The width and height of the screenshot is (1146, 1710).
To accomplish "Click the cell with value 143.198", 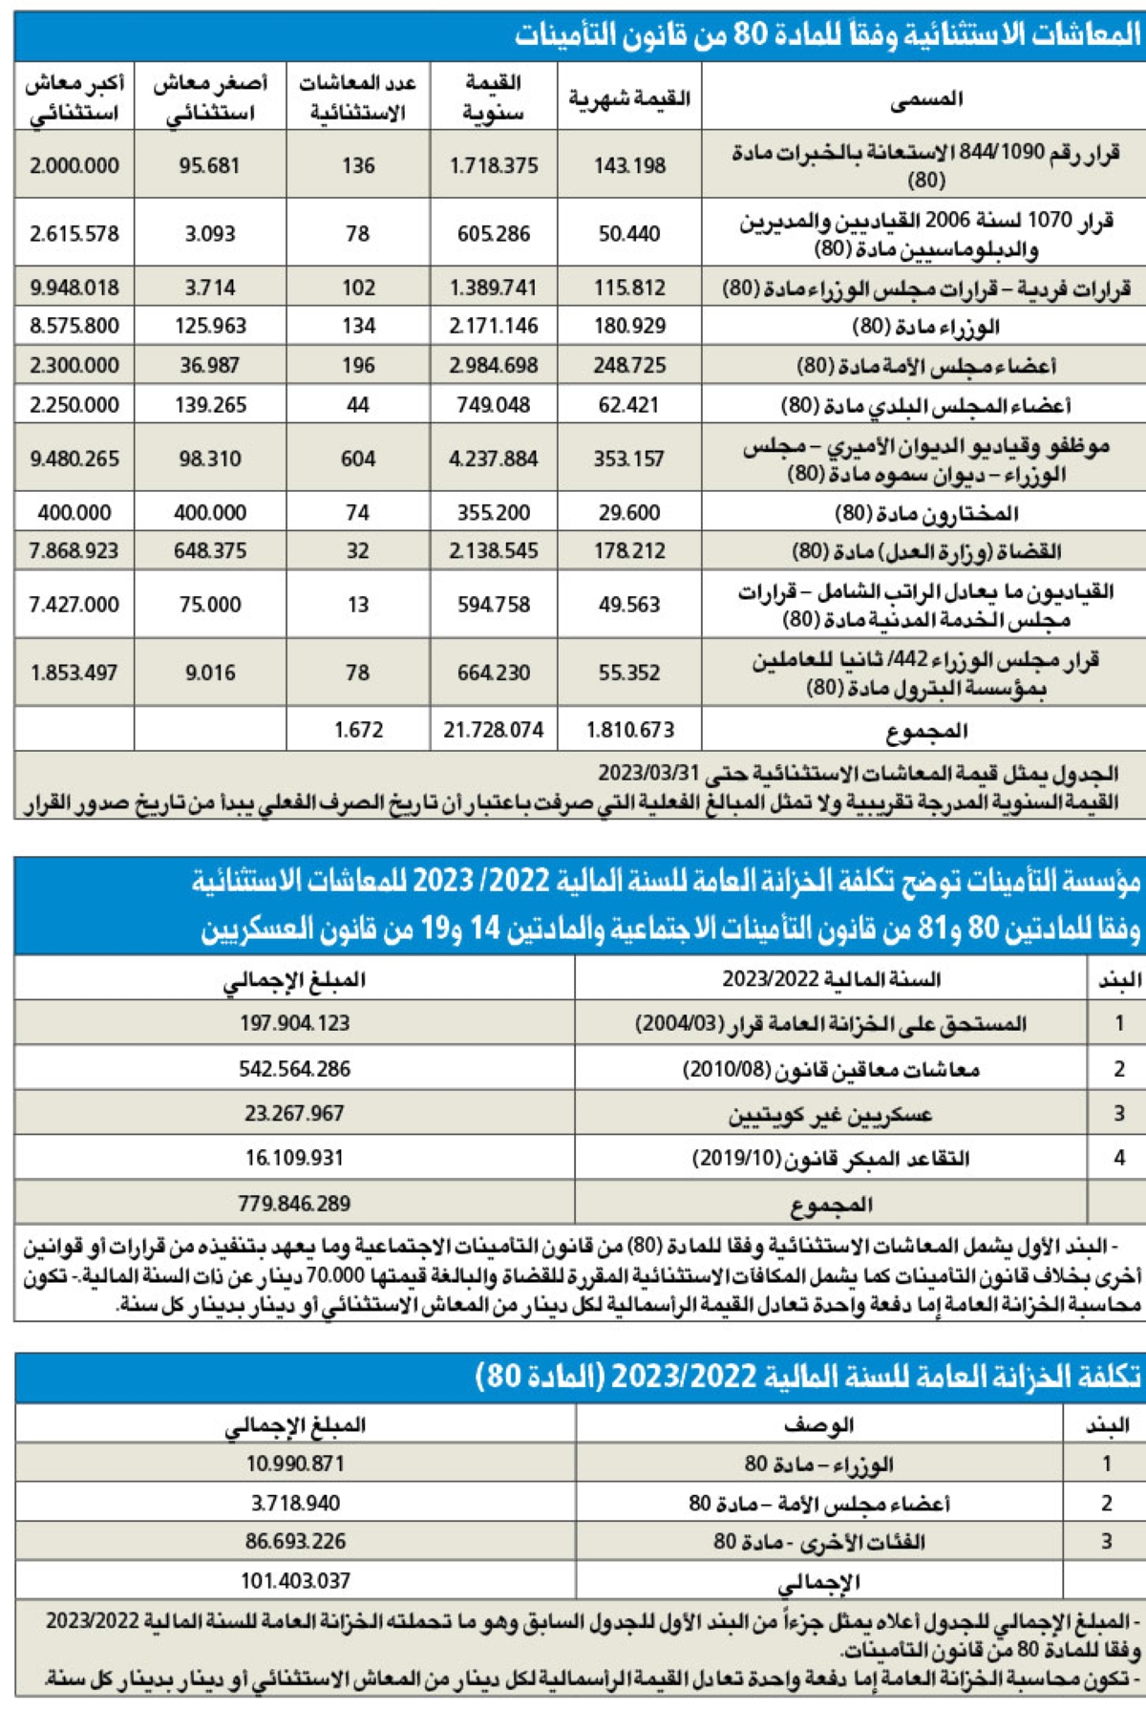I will click(x=628, y=165).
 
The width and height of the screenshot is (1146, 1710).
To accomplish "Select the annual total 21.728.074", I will click(x=493, y=730).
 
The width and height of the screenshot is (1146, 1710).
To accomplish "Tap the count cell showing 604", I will click(x=358, y=459).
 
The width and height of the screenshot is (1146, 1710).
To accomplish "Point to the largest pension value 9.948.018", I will click(x=74, y=288).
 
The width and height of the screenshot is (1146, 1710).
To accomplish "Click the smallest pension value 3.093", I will click(x=210, y=233).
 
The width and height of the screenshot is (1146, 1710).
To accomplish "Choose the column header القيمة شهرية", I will click(x=629, y=97).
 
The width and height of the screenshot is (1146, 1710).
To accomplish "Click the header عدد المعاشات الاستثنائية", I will click(x=358, y=97).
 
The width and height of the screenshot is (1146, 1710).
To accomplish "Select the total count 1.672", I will click(x=358, y=730).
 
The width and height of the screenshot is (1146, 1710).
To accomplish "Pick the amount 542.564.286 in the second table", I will click(x=294, y=1069).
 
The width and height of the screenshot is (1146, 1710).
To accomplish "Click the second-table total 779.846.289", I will click(x=294, y=1203).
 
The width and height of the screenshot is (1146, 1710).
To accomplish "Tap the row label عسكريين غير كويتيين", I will click(x=830, y=1114).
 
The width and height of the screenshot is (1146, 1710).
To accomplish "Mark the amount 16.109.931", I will click(x=294, y=1158).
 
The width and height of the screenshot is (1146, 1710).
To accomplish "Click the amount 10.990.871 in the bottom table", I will click(x=295, y=1464).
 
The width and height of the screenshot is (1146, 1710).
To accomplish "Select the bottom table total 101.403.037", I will click(x=295, y=1581).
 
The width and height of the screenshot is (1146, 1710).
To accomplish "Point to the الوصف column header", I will click(x=818, y=1424).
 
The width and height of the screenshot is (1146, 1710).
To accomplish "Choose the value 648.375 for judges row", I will click(x=210, y=550).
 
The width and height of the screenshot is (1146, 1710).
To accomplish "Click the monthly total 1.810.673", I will click(x=629, y=730).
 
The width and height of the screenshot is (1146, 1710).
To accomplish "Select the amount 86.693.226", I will click(x=295, y=1541).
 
